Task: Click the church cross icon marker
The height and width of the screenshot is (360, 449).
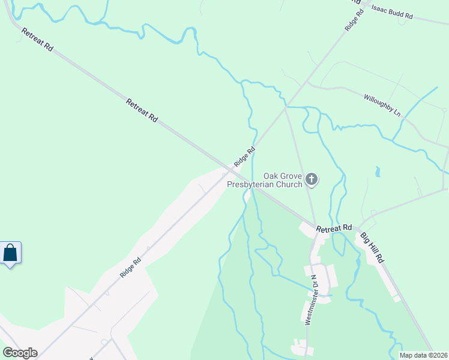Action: tap(312, 179)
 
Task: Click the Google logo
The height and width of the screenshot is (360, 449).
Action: tap(20, 353)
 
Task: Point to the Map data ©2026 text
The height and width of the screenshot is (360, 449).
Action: tap(423, 355)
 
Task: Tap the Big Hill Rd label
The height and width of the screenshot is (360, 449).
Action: tap(372, 247)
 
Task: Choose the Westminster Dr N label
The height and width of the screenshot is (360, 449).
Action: tap(310, 300)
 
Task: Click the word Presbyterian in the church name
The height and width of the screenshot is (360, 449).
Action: tap(264, 185)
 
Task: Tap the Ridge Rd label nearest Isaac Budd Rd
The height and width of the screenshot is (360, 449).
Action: tap(354, 20)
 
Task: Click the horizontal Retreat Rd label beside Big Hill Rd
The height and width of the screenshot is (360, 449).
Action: tap(334, 229)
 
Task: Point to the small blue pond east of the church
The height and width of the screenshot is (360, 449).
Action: tap(377, 173)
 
